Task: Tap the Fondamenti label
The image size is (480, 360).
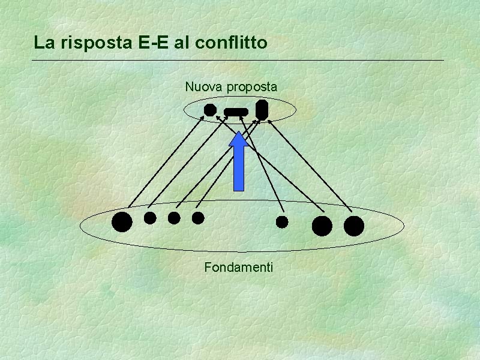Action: [x=238, y=267]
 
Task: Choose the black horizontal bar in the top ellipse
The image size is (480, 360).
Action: [x=236, y=112]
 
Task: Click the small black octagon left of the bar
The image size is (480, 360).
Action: [x=209, y=110]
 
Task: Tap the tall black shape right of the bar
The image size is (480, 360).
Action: [x=262, y=109]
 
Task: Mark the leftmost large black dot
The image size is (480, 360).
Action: [x=122, y=221]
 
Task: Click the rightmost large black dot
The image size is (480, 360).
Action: [x=354, y=226]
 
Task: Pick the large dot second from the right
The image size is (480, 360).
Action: [x=322, y=226]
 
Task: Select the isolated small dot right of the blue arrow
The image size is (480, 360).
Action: [x=282, y=222]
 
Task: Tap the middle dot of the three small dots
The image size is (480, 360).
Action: [x=174, y=218]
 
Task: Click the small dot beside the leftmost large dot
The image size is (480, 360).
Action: [x=150, y=218]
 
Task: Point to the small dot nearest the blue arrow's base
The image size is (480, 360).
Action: [x=198, y=218]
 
